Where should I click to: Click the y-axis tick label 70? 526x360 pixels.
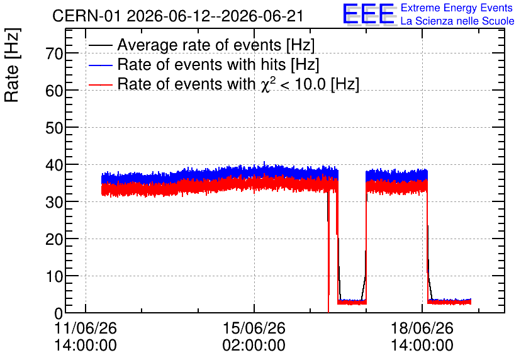(54, 53)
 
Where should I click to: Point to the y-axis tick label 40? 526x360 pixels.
(54, 165)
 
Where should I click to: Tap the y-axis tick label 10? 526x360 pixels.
(54, 276)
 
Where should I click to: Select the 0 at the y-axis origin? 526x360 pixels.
(59, 313)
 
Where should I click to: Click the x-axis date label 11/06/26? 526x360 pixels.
(86, 328)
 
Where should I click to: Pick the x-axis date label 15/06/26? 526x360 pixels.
(254, 328)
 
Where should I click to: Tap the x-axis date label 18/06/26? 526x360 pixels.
(422, 328)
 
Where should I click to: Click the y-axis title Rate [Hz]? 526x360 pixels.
(12, 65)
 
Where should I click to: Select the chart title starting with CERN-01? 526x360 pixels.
(178, 16)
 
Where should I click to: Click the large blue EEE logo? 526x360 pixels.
(369, 14)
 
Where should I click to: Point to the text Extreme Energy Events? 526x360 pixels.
(457, 8)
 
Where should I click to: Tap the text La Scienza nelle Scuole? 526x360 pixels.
(457, 21)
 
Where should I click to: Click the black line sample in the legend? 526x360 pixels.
(100, 45)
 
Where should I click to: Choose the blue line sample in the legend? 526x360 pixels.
(100, 65)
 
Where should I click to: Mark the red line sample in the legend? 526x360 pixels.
(100, 84)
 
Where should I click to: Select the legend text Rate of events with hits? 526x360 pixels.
(201, 64)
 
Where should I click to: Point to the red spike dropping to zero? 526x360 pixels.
(328, 252)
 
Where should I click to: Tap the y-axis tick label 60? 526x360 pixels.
(54, 91)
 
